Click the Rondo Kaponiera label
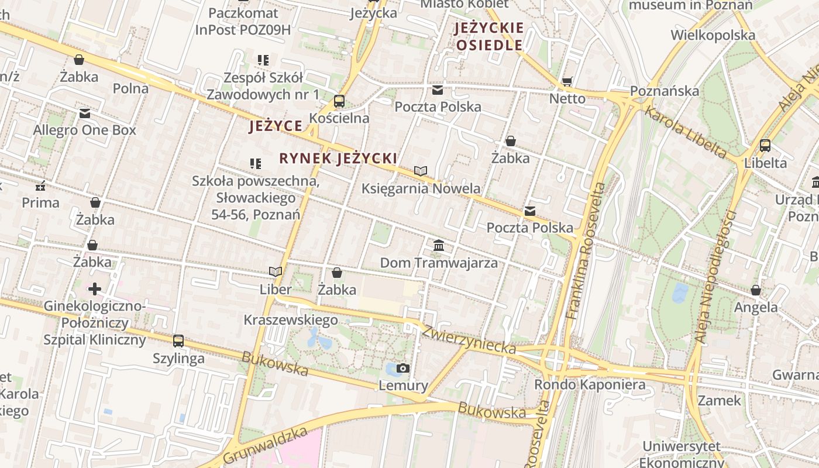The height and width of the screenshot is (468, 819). coord(590,384)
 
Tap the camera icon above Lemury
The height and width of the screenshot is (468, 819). coord(402,368)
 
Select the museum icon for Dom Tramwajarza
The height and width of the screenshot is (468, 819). coord(439,246)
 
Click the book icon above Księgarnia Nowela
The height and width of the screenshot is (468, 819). coord(421,171)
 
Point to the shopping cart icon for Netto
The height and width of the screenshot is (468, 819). coord(567,81)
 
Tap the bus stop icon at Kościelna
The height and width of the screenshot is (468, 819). coord(339,101)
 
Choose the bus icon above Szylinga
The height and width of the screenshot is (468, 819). coord(178,340)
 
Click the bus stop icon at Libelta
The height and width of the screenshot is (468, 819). coord(765,146)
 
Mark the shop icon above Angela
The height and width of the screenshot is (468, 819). coord(756,290)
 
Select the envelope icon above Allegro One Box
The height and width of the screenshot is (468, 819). coord(85,113)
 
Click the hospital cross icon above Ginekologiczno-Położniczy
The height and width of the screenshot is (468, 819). coord(95,289)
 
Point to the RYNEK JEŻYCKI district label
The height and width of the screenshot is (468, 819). coord(338,158)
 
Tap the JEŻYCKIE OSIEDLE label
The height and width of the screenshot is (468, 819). coord(489,36)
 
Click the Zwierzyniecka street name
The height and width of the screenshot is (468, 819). coord(469,340)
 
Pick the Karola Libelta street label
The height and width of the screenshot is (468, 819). coord(685,131)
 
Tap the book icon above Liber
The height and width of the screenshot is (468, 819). coord(276,271)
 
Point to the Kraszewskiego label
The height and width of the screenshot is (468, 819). coord(291,320)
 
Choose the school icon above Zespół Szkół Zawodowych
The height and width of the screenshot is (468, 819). coord(263,60)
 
